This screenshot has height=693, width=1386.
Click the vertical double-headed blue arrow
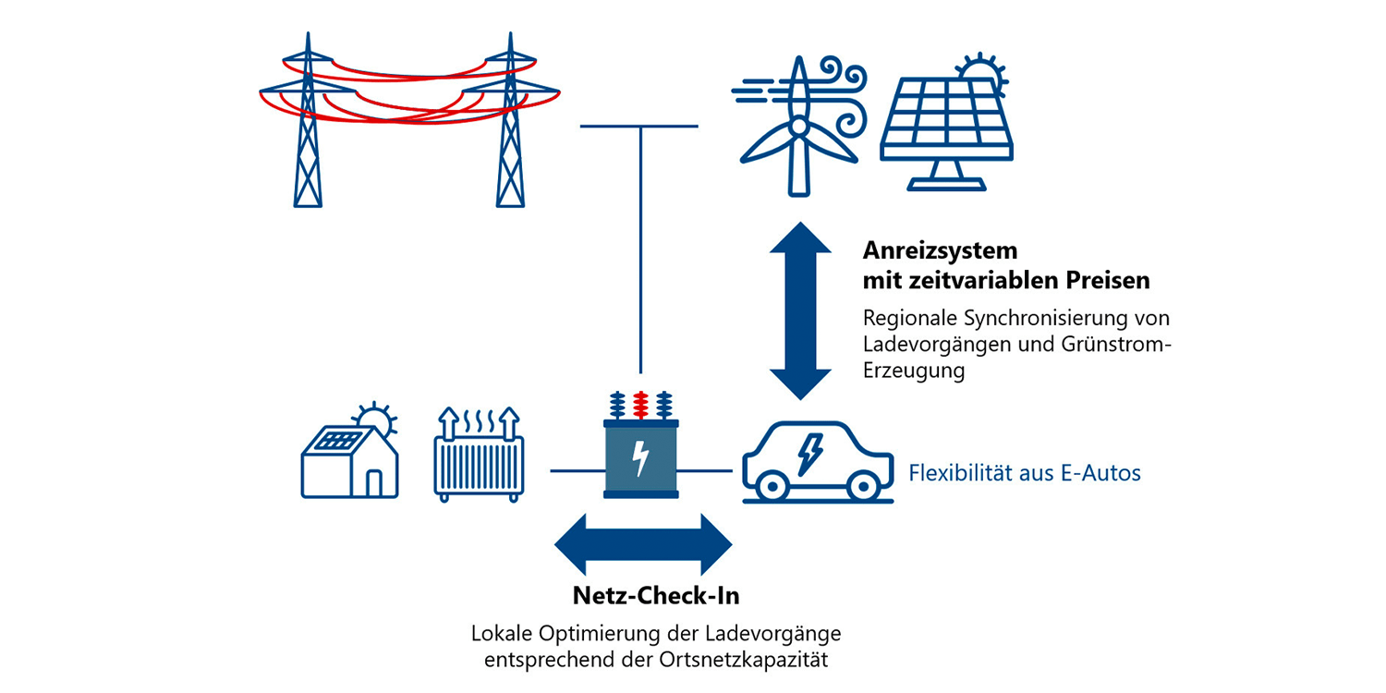(x=800, y=310)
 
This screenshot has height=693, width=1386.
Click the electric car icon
(x=818, y=462)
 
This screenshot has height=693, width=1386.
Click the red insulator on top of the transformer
(x=640, y=404)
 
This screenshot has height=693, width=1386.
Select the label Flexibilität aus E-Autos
(x=1025, y=474)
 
